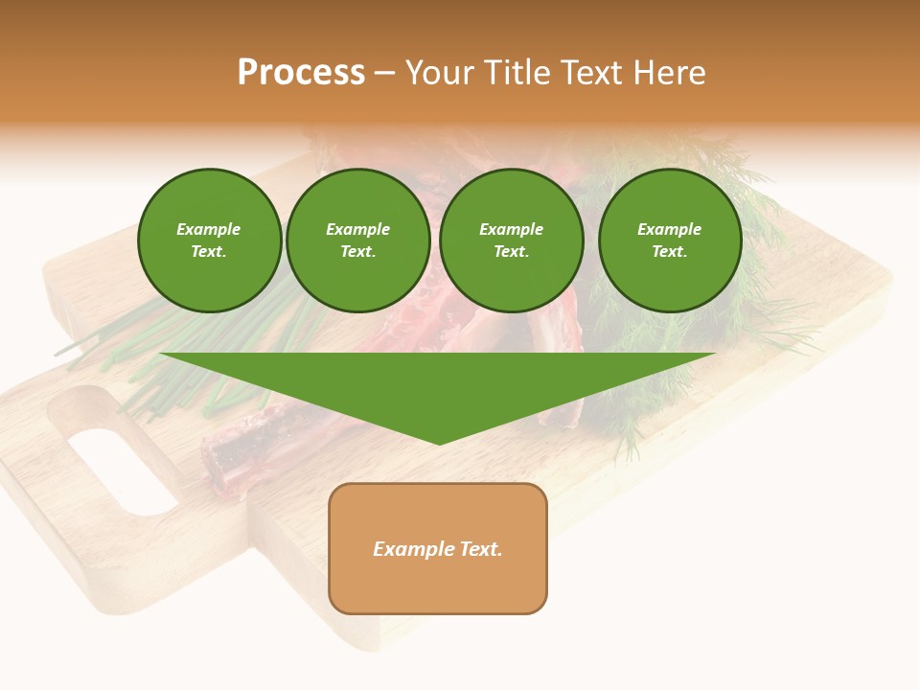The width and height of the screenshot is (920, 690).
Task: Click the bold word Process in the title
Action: click(x=301, y=73)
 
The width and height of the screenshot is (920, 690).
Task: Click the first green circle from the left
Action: click(x=209, y=241)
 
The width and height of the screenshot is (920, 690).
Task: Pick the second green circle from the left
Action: click(x=358, y=241)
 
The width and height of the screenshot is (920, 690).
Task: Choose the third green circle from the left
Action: click(x=511, y=241)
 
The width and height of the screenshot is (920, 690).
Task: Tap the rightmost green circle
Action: click(x=669, y=241)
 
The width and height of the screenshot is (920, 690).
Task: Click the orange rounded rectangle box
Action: click(x=438, y=548)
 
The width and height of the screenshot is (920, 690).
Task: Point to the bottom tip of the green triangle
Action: click(x=439, y=442)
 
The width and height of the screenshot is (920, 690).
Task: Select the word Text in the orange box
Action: click(x=480, y=549)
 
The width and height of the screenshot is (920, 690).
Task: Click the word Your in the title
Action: click(x=441, y=73)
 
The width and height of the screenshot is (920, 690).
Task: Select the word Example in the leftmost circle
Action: click(x=209, y=229)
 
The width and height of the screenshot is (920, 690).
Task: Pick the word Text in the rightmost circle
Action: click(x=669, y=251)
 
